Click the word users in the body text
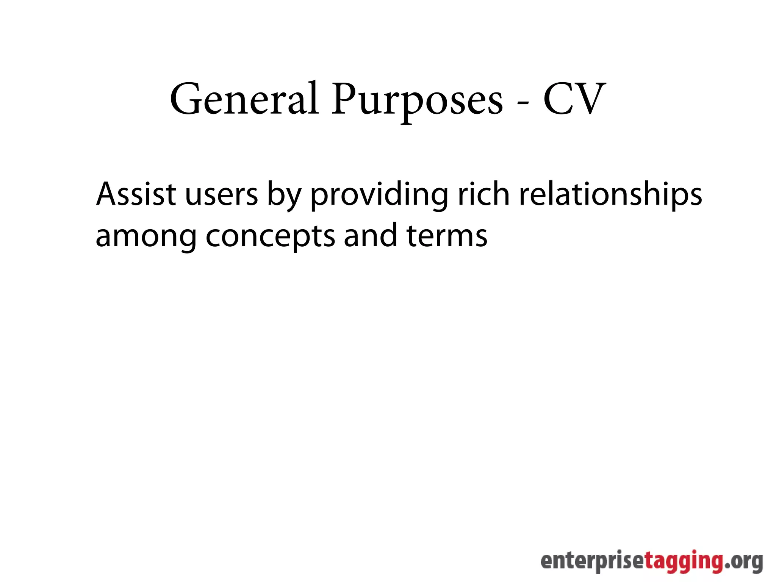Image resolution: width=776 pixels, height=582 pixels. click(221, 195)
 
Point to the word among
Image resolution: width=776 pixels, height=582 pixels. click(146, 237)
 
